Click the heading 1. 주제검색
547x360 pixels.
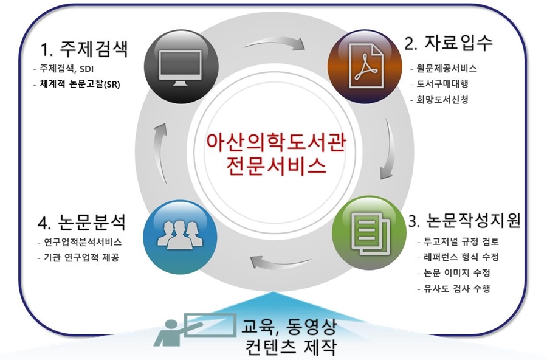click(84, 48)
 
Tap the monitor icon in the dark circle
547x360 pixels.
click(181, 67)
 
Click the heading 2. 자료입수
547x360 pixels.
click(449, 43)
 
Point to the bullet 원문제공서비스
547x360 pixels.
click(444, 68)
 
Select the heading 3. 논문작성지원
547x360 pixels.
click(464, 220)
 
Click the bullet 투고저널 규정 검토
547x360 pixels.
click(458, 241)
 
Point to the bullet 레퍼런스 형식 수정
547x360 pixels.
click(458, 257)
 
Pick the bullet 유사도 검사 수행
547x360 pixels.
click(454, 288)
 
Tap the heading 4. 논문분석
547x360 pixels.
click(81, 222)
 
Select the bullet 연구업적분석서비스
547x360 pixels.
click(80, 242)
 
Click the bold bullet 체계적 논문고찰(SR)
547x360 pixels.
click(77, 84)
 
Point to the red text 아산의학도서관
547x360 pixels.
click(276, 142)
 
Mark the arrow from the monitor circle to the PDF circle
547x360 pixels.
click(274, 42)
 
